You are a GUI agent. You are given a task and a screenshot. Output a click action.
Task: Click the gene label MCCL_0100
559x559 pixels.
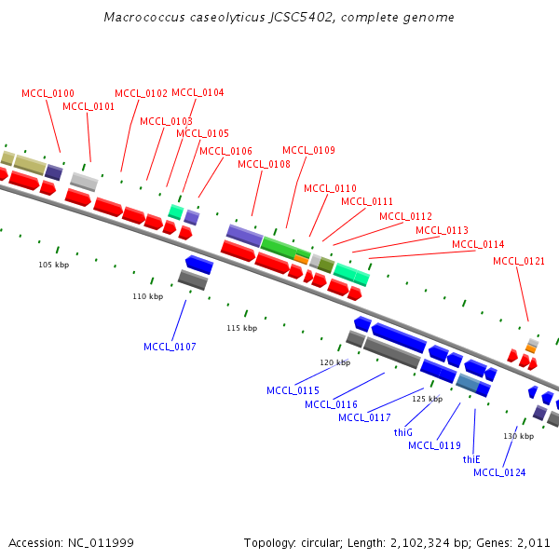tap(48, 93)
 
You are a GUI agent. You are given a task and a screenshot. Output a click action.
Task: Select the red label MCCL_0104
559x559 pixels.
tap(198, 92)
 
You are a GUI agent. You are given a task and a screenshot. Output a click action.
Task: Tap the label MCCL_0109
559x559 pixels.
tap(308, 150)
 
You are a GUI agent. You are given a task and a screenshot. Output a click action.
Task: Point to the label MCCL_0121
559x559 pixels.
tap(519, 261)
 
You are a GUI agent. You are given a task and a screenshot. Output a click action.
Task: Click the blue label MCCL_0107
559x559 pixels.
tap(170, 347)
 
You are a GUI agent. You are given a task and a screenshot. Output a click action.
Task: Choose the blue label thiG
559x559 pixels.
tap(402, 432)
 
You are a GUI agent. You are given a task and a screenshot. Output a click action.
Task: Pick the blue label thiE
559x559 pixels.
tap(471, 459)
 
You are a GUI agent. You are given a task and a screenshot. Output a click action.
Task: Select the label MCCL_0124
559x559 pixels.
tap(499, 472)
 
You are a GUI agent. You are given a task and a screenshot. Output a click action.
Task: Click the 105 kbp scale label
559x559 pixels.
tap(53, 265)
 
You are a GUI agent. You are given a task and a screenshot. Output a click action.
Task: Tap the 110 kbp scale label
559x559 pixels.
tap(147, 296)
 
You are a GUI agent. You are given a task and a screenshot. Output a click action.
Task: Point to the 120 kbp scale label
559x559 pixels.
tap(334, 362)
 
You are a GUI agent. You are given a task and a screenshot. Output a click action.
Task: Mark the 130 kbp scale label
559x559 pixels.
tap(519, 436)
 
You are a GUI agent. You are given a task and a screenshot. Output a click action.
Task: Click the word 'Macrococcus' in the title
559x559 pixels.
tap(138, 17)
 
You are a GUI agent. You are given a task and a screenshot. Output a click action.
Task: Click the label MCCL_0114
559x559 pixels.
tap(478, 244)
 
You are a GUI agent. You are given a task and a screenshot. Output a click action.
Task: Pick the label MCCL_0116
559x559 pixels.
tap(331, 404)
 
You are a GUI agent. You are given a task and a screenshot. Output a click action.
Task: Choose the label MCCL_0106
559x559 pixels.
tap(225, 151)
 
